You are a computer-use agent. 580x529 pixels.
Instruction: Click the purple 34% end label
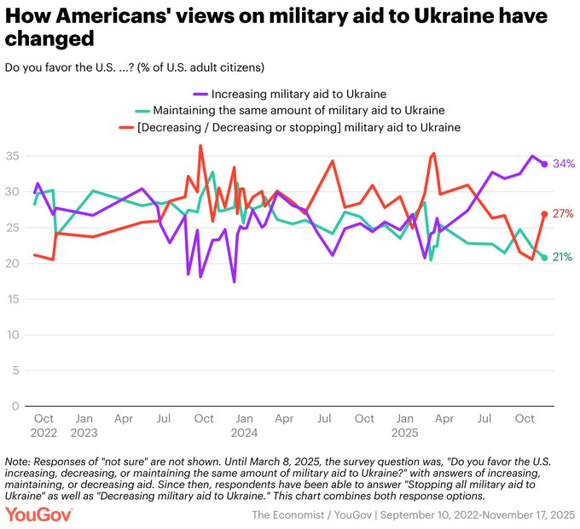click(x=562, y=164)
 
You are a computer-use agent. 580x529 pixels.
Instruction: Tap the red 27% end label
click(x=562, y=213)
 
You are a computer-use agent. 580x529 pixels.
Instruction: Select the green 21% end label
click(x=562, y=257)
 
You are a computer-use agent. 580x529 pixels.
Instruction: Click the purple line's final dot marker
click(x=544, y=164)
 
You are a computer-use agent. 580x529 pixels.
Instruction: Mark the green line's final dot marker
click(x=544, y=257)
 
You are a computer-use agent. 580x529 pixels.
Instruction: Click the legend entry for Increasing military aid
click(x=290, y=93)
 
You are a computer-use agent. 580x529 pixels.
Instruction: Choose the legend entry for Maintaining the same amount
click(x=290, y=110)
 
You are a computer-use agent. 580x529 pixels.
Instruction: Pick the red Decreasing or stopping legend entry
click(x=290, y=127)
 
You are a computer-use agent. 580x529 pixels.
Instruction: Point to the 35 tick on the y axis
click(x=13, y=156)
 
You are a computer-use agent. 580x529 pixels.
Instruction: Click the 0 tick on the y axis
click(x=16, y=406)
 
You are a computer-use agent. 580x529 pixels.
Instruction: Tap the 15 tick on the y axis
click(x=13, y=299)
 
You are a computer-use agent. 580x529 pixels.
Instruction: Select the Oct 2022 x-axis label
click(x=43, y=426)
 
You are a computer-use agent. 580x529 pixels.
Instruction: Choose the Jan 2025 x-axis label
click(x=404, y=426)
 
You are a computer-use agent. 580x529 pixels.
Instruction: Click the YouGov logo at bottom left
click(x=39, y=514)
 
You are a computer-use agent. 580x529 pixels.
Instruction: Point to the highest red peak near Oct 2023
click(x=200, y=146)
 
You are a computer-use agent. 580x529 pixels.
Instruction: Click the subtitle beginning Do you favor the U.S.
click(x=136, y=67)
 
